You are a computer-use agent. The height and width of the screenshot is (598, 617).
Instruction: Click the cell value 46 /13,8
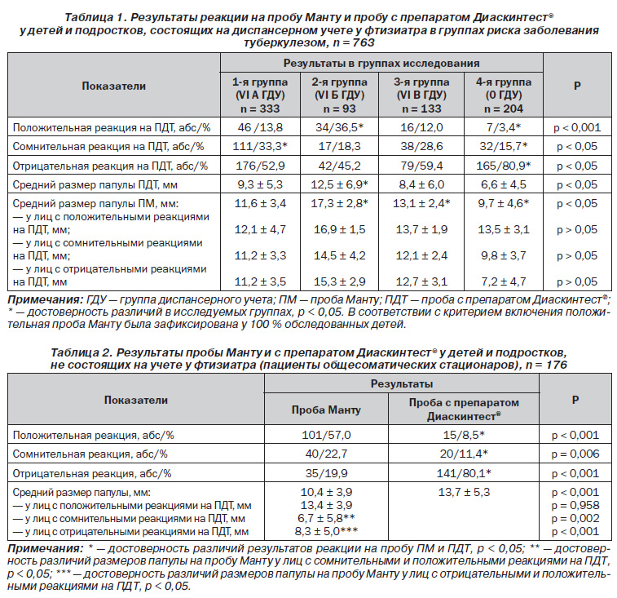[260, 127]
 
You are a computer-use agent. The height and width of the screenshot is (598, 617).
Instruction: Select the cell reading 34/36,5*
[339, 127]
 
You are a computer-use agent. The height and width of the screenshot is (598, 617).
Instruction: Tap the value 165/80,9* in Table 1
[503, 166]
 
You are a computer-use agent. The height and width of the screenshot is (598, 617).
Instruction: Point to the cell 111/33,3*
[260, 147]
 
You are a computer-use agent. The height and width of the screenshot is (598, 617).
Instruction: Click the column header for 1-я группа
[260, 95]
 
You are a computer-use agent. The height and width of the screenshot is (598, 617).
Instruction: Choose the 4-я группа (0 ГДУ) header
[504, 95]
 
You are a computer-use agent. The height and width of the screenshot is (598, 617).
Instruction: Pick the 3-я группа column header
[421, 95]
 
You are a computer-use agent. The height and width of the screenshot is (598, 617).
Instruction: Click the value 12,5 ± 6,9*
[339, 184]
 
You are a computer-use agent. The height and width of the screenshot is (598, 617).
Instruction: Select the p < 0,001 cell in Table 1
[577, 127]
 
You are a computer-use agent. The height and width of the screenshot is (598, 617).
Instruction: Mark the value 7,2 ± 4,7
[503, 281]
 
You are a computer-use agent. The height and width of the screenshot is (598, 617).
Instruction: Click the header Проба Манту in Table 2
[326, 410]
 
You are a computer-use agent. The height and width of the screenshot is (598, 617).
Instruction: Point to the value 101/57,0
[326, 436]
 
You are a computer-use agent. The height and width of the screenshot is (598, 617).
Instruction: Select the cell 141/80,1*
[464, 473]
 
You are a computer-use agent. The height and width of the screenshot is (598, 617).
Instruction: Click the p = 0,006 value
[575, 454]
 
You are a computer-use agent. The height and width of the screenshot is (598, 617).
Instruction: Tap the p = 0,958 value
[575, 506]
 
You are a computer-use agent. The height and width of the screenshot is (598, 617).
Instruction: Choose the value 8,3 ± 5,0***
[326, 531]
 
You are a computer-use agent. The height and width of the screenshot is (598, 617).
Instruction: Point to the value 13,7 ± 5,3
[464, 493]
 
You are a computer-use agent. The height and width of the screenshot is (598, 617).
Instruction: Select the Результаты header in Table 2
[401, 383]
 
